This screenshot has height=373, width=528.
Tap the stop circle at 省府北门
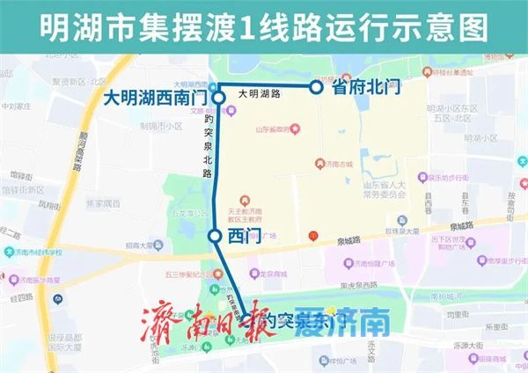316,87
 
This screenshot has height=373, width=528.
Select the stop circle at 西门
214,236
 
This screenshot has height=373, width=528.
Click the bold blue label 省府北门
366,87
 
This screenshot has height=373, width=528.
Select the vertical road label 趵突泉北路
208,145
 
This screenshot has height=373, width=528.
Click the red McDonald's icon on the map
312,236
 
